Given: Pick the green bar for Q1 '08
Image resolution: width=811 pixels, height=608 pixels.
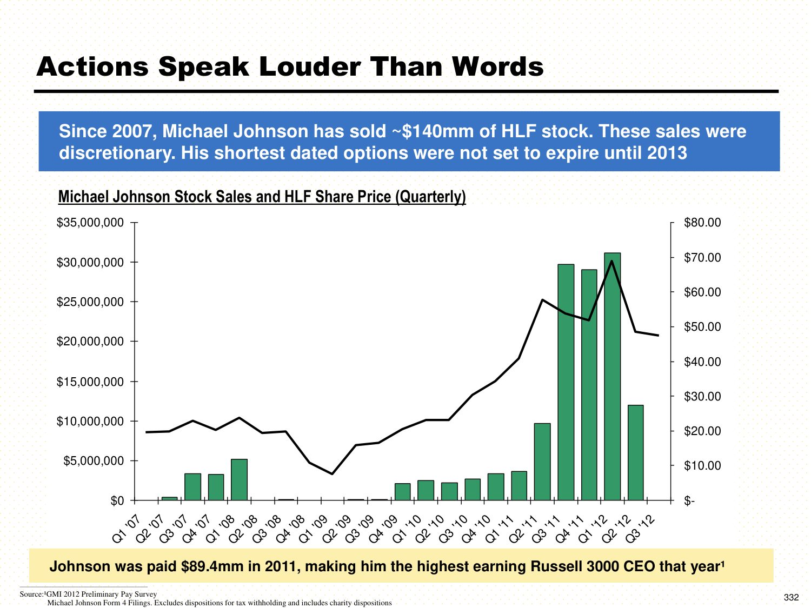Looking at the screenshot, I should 239,479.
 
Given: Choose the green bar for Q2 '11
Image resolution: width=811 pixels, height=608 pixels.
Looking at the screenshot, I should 542,462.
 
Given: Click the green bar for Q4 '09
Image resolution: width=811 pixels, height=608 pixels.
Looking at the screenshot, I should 403,491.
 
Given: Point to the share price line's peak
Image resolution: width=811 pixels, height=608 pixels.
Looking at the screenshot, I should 611,261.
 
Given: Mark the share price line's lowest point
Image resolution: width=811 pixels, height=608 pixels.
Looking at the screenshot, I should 332,474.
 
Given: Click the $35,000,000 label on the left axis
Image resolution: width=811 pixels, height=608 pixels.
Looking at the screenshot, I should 90,223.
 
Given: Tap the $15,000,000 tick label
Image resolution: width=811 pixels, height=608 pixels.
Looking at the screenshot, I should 90,382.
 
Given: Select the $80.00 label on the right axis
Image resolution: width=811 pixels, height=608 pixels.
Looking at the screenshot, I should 702,223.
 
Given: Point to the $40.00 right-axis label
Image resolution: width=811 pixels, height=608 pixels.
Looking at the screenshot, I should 702,362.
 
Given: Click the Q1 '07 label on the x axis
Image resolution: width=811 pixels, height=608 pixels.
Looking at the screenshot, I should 127,529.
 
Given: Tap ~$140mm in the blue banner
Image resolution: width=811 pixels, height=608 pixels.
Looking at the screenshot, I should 428,131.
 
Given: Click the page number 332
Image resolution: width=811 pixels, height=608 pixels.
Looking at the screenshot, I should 791,597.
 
